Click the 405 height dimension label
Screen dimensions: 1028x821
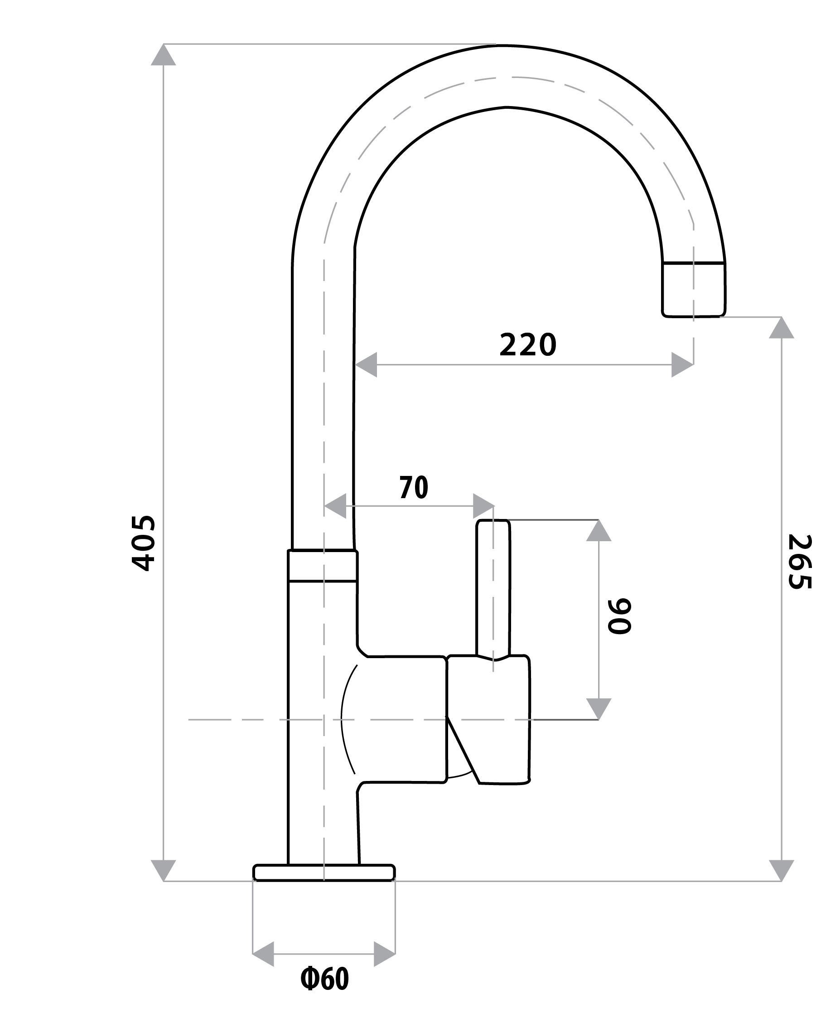(x=143, y=543)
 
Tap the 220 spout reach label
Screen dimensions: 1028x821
(x=527, y=345)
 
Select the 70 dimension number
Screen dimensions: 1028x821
(x=414, y=487)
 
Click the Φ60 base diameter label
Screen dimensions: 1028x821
(x=324, y=980)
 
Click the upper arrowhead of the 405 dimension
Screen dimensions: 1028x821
(x=164, y=55)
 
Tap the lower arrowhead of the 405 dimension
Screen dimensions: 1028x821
(x=164, y=869)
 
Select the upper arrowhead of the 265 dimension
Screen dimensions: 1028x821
(x=782, y=328)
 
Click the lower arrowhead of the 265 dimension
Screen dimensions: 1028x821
(x=782, y=869)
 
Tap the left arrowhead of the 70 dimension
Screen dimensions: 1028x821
(x=335, y=506)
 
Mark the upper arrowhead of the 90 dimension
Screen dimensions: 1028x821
(x=599, y=531)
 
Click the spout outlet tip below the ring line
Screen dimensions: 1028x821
(x=693, y=290)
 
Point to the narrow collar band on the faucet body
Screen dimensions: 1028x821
(x=323, y=566)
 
